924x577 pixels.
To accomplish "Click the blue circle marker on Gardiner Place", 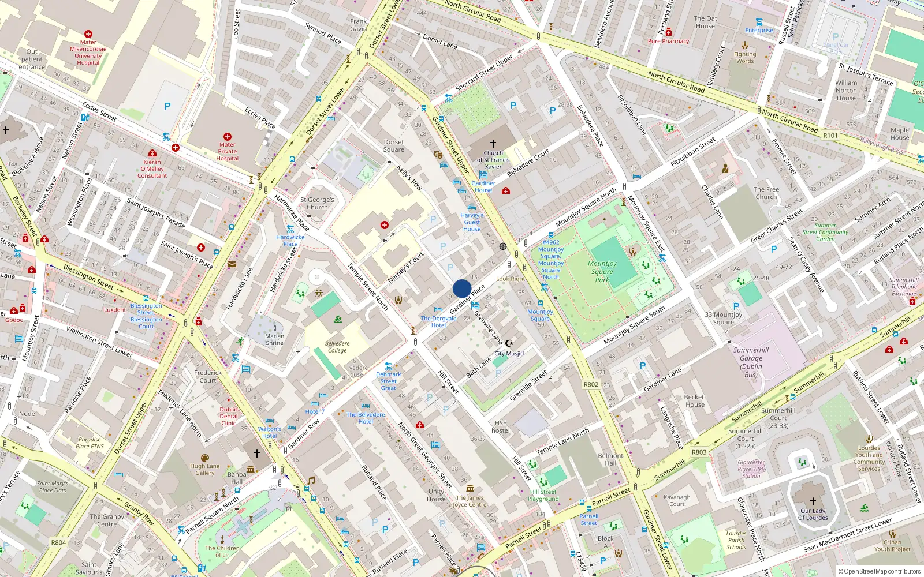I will (462, 288).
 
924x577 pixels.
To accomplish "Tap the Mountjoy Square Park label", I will (602, 272).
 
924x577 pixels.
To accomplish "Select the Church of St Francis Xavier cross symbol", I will (493, 144).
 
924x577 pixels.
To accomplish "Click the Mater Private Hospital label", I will (227, 152).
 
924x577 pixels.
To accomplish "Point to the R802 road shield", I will (591, 384).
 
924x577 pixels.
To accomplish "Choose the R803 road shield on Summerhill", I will (699, 452).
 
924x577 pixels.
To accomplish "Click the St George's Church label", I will (317, 203).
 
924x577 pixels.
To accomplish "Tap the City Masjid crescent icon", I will (509, 343).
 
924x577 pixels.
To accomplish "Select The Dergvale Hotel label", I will (438, 321).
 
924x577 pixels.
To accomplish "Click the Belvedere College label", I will (337, 347).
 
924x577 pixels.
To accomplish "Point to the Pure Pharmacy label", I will (668, 41).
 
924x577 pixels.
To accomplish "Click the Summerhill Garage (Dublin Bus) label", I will (751, 362).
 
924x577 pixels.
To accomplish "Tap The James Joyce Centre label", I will (470, 501).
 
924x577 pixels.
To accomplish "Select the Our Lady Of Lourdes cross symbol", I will (813, 501).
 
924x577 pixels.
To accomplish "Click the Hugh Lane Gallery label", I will (205, 469).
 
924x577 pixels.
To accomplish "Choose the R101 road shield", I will (830, 136).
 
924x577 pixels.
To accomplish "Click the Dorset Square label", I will (394, 145).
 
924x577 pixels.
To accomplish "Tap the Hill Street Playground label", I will (543, 495).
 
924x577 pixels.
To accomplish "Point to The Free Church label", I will (766, 193).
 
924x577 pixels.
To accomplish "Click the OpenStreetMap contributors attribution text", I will (879, 571).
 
